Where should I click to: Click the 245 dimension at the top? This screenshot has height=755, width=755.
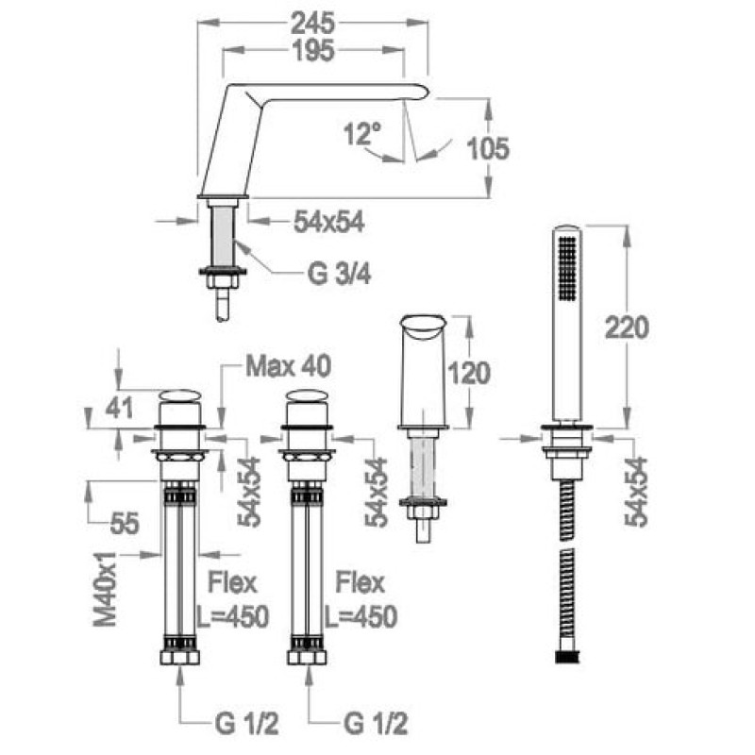click(x=312, y=23)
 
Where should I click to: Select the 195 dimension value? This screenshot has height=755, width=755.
click(x=314, y=50)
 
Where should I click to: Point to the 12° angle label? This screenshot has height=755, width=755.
click(x=362, y=133)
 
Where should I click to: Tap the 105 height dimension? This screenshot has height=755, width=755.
click(x=488, y=148)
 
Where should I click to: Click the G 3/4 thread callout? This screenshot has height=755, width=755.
click(x=340, y=275)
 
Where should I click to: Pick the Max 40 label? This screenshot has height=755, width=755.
click(x=289, y=366)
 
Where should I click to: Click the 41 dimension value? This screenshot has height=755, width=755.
click(x=119, y=409)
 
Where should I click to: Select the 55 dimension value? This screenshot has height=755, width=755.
click(x=125, y=523)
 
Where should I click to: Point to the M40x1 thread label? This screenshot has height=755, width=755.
click(x=105, y=589)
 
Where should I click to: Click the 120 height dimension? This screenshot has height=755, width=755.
click(x=468, y=373)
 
